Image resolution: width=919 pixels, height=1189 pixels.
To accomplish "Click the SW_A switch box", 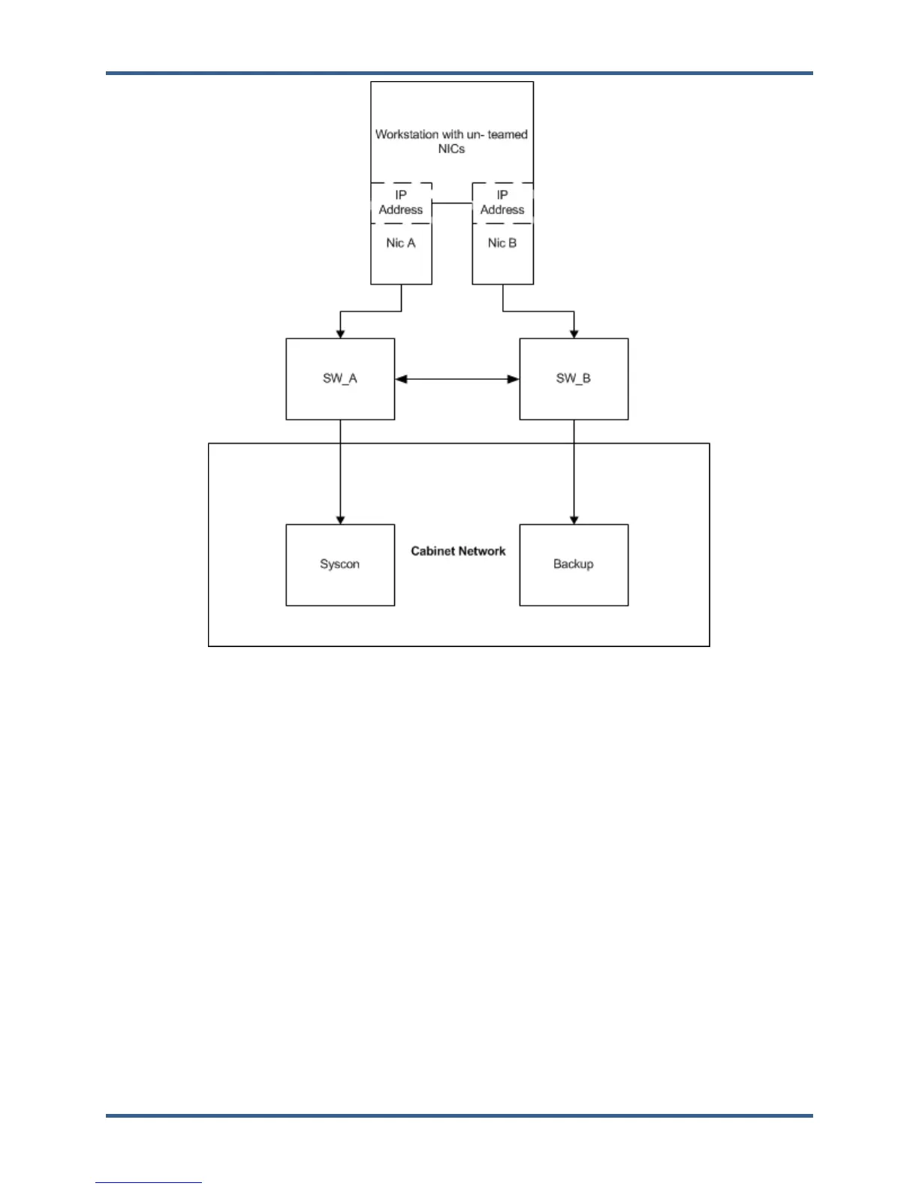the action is click(x=340, y=379).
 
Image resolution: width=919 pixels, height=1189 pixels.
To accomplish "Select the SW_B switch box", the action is click(x=574, y=379).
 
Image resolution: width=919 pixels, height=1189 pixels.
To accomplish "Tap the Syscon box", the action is click(x=340, y=564).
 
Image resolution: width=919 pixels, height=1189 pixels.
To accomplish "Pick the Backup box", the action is click(x=574, y=564).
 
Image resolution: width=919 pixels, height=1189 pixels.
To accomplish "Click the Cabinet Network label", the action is click(x=458, y=551).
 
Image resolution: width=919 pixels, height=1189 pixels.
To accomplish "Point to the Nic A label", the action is click(x=401, y=243).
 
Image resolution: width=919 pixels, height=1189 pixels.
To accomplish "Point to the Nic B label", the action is click(x=502, y=243).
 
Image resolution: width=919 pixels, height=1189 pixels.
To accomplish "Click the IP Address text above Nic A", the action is click(x=401, y=203).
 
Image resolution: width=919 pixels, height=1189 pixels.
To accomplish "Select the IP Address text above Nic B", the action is click(x=502, y=203).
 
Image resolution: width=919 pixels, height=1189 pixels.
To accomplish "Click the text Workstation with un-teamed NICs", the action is click(x=451, y=141).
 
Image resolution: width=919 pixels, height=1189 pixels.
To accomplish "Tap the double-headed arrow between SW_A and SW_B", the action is click(x=457, y=379).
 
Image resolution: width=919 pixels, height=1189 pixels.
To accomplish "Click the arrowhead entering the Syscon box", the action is click(x=340, y=519).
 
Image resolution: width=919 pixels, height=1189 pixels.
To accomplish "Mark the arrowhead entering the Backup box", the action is click(x=574, y=519).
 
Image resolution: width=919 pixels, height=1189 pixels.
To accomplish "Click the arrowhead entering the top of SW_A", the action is click(x=340, y=334).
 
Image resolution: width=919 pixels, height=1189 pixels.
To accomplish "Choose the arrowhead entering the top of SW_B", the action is click(x=574, y=334).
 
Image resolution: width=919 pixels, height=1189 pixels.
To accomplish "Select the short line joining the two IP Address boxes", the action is click(x=452, y=203).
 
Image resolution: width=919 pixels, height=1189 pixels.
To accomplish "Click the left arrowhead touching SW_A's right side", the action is click(x=401, y=379).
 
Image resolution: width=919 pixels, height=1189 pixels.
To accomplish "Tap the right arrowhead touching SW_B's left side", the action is click(x=514, y=379).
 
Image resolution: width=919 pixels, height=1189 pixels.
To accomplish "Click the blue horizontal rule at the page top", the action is click(x=459, y=74).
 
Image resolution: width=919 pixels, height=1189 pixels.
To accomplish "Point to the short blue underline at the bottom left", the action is click(x=149, y=1183).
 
